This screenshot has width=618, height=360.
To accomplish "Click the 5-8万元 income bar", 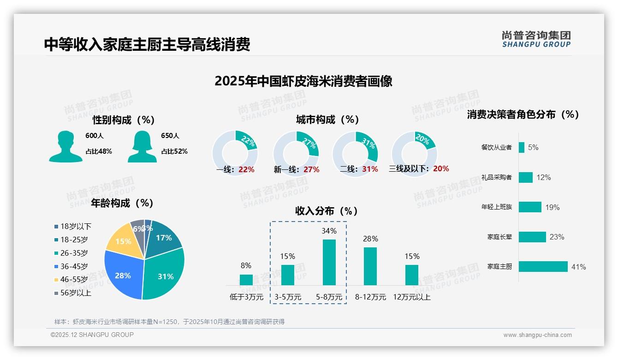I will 329,262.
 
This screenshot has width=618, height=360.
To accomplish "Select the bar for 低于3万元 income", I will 246,280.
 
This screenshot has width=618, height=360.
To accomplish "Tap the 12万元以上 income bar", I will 412,275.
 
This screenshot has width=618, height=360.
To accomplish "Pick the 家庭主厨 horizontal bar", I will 543,267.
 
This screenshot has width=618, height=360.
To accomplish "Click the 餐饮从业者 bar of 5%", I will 522,147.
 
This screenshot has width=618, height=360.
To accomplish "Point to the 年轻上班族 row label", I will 496,207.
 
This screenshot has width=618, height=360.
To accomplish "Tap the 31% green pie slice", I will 165,276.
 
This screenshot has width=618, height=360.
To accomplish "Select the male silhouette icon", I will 65,147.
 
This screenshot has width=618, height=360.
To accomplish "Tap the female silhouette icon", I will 142,147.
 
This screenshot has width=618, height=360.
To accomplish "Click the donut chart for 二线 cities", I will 355,153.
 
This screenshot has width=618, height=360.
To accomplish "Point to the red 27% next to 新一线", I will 311,169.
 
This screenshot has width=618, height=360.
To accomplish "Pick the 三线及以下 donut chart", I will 414,153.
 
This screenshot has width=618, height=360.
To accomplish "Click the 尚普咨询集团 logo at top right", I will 536,39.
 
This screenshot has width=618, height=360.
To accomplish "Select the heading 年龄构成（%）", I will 122,203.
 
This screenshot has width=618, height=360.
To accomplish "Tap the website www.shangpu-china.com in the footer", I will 537,335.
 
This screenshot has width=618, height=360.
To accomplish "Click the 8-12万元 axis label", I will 370,297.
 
